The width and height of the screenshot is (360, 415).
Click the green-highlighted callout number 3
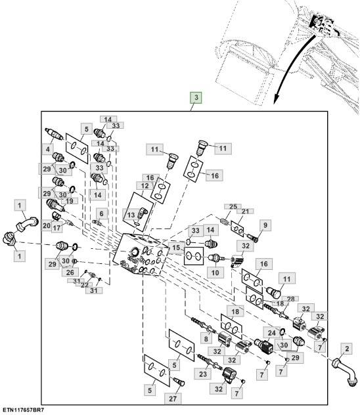click(x=196, y=97)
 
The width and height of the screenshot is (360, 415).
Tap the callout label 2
click(x=347, y=349)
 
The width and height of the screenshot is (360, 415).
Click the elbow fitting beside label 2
click(x=344, y=372)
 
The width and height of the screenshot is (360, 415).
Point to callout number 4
click(x=48, y=149)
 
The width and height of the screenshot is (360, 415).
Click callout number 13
click(x=131, y=215)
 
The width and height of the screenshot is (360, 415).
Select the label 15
click(x=176, y=248)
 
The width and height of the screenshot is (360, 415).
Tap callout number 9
click(x=265, y=225)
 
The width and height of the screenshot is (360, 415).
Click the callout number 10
click(x=215, y=272)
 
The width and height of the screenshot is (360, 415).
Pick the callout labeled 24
click(x=272, y=333)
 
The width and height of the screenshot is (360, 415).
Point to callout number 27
click(x=173, y=399)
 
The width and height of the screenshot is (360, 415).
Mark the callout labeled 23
click(x=203, y=374)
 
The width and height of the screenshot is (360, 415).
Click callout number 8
click(x=206, y=339)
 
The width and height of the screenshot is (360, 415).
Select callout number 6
click(x=101, y=213)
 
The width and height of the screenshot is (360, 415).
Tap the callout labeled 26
click(x=70, y=272)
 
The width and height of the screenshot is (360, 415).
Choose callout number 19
click(x=70, y=201)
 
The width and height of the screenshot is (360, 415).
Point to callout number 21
click(x=246, y=211)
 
